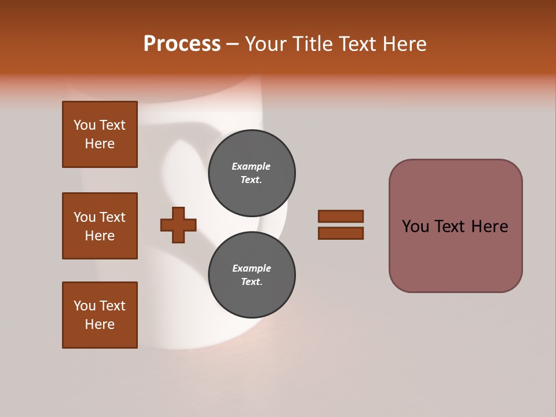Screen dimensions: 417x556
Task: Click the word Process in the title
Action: click(182, 44)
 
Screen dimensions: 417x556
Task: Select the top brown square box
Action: click(100, 134)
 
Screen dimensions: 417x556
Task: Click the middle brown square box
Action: click(100, 226)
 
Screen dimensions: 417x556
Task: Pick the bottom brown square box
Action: click(100, 315)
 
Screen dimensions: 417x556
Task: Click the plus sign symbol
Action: click(178, 225)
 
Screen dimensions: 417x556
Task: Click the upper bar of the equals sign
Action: click(341, 216)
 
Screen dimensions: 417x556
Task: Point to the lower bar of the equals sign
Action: click(341, 233)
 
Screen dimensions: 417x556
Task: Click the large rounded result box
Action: click(455, 255)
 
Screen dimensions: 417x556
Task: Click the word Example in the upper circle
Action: click(251, 166)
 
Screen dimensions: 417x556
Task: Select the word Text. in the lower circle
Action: click(251, 282)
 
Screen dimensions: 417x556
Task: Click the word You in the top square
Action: click(85, 125)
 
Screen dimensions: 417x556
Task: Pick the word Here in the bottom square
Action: click(100, 324)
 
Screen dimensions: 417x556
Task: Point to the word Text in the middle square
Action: click(112, 217)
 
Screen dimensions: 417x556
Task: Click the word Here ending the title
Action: click(405, 44)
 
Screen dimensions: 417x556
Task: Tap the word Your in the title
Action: click(265, 44)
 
